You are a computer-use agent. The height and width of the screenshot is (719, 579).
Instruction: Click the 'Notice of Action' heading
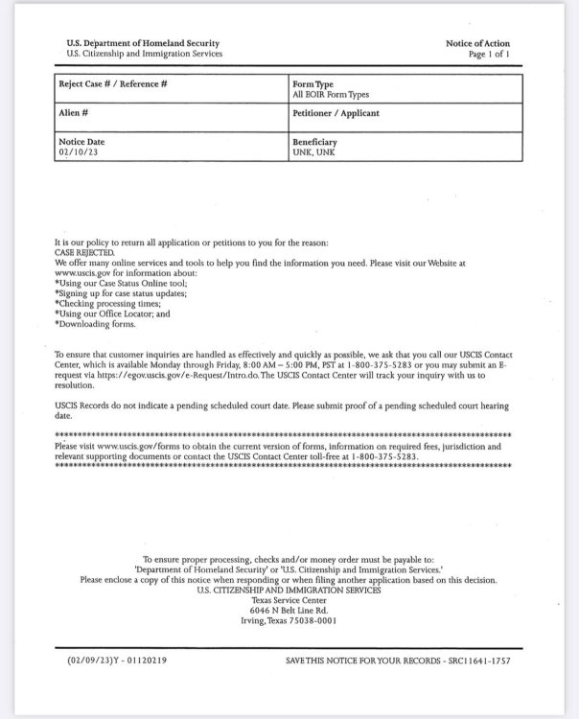pos(477,44)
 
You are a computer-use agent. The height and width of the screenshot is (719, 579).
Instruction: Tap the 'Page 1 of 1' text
pos(489,55)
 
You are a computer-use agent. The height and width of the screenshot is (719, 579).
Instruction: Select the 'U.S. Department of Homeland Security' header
pos(143,44)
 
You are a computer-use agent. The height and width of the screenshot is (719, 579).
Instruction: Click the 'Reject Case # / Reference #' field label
pos(113,84)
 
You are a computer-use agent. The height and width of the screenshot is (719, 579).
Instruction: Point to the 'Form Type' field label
pos(313,84)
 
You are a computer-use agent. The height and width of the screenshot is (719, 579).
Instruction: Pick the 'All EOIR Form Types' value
pos(330,94)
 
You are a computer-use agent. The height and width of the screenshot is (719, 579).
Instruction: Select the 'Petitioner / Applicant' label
pos(336,113)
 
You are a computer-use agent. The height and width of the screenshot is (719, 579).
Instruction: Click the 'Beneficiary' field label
pos(314,142)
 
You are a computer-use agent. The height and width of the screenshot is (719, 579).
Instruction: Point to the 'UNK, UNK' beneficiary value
pos(313,151)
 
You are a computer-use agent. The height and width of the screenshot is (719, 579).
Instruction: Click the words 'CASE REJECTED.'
pos(83,252)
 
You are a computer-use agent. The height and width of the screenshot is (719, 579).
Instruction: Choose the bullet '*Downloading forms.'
pos(95,324)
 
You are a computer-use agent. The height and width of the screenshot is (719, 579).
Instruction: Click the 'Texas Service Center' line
pos(289,600)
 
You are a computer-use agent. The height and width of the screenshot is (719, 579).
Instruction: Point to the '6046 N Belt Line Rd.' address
pos(289,610)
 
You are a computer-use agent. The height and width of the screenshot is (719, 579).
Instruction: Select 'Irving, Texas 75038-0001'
pos(289,620)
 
